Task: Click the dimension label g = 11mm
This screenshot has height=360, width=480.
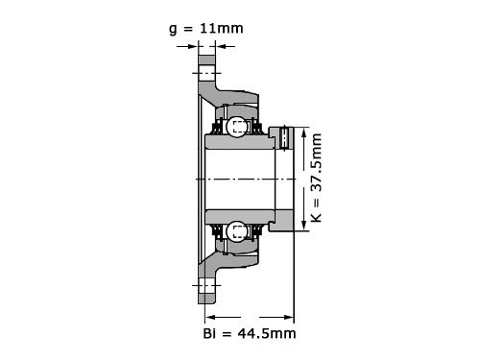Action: point(206,29)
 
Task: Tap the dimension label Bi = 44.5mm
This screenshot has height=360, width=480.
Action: point(250,334)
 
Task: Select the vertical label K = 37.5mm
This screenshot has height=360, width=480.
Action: point(316,178)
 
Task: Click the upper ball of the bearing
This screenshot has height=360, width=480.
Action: point(237,127)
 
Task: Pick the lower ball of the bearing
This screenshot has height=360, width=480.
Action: point(237,231)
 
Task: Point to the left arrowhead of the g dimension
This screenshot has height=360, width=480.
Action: point(193,47)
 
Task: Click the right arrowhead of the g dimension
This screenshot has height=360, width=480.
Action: point(221,47)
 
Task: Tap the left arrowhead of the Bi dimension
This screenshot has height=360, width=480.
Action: point(210,317)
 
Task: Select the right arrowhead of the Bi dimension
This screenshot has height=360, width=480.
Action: point(289,317)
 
